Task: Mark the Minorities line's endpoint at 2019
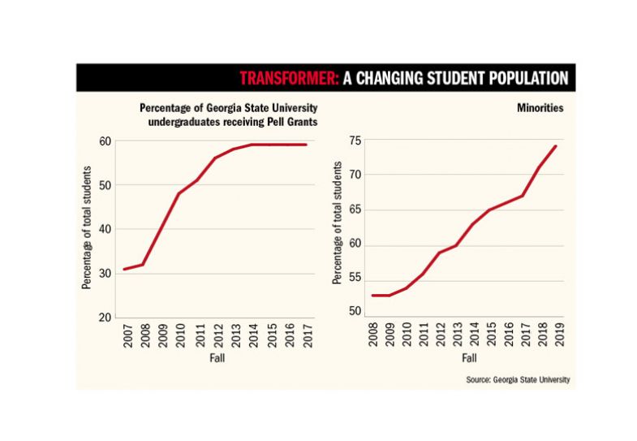pyautogui.click(x=556, y=146)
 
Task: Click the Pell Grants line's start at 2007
pyautogui.click(x=124, y=269)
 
